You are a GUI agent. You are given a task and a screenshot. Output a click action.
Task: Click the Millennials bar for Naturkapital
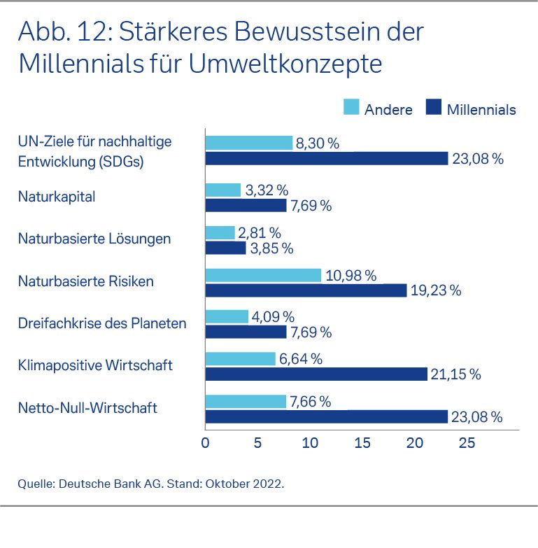[x=246, y=206]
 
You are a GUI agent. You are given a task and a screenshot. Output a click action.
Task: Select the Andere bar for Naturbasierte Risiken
[x=263, y=275]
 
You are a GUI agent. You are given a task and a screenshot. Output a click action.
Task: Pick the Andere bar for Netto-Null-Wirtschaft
[x=246, y=402]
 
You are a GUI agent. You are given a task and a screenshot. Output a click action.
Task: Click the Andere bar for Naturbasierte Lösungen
[x=220, y=233]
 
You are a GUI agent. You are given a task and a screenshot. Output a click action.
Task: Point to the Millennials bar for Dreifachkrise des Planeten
[x=246, y=332]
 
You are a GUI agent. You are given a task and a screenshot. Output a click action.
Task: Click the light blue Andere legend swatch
[x=351, y=108]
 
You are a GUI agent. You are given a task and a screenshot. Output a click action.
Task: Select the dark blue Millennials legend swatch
[x=434, y=108]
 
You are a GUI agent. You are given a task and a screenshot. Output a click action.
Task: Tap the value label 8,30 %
[x=318, y=143]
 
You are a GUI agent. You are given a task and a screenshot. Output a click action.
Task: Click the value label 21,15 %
[x=456, y=374]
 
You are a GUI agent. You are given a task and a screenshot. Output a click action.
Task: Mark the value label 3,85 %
[x=271, y=248]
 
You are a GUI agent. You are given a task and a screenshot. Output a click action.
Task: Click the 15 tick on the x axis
[x=362, y=443]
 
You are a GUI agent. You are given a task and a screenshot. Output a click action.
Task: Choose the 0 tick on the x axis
[x=205, y=443]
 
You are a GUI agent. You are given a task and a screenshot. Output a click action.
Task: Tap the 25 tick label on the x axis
[x=467, y=443]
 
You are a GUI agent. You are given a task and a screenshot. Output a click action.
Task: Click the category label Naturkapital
[x=57, y=197]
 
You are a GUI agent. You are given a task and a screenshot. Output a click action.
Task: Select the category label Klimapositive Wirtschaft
[x=95, y=365]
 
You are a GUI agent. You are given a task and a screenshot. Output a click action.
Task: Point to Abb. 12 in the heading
[x=67, y=31]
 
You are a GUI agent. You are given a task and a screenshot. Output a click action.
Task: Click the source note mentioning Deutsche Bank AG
[x=151, y=483]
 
